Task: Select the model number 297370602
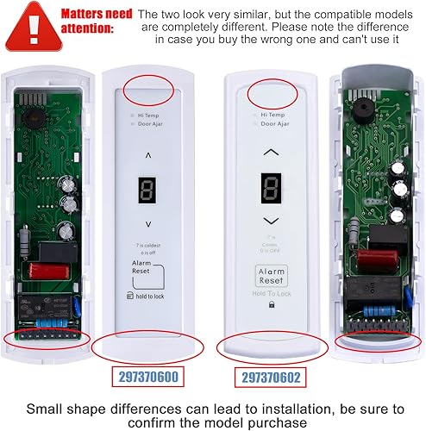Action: pyautogui.click(x=273, y=377)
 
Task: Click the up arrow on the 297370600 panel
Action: pyautogui.click(x=149, y=156)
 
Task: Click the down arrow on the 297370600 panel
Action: pyautogui.click(x=149, y=223)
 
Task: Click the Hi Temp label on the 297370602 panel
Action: pyautogui.click(x=273, y=113)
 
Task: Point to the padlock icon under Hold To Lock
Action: pyautogui.click(x=273, y=304)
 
